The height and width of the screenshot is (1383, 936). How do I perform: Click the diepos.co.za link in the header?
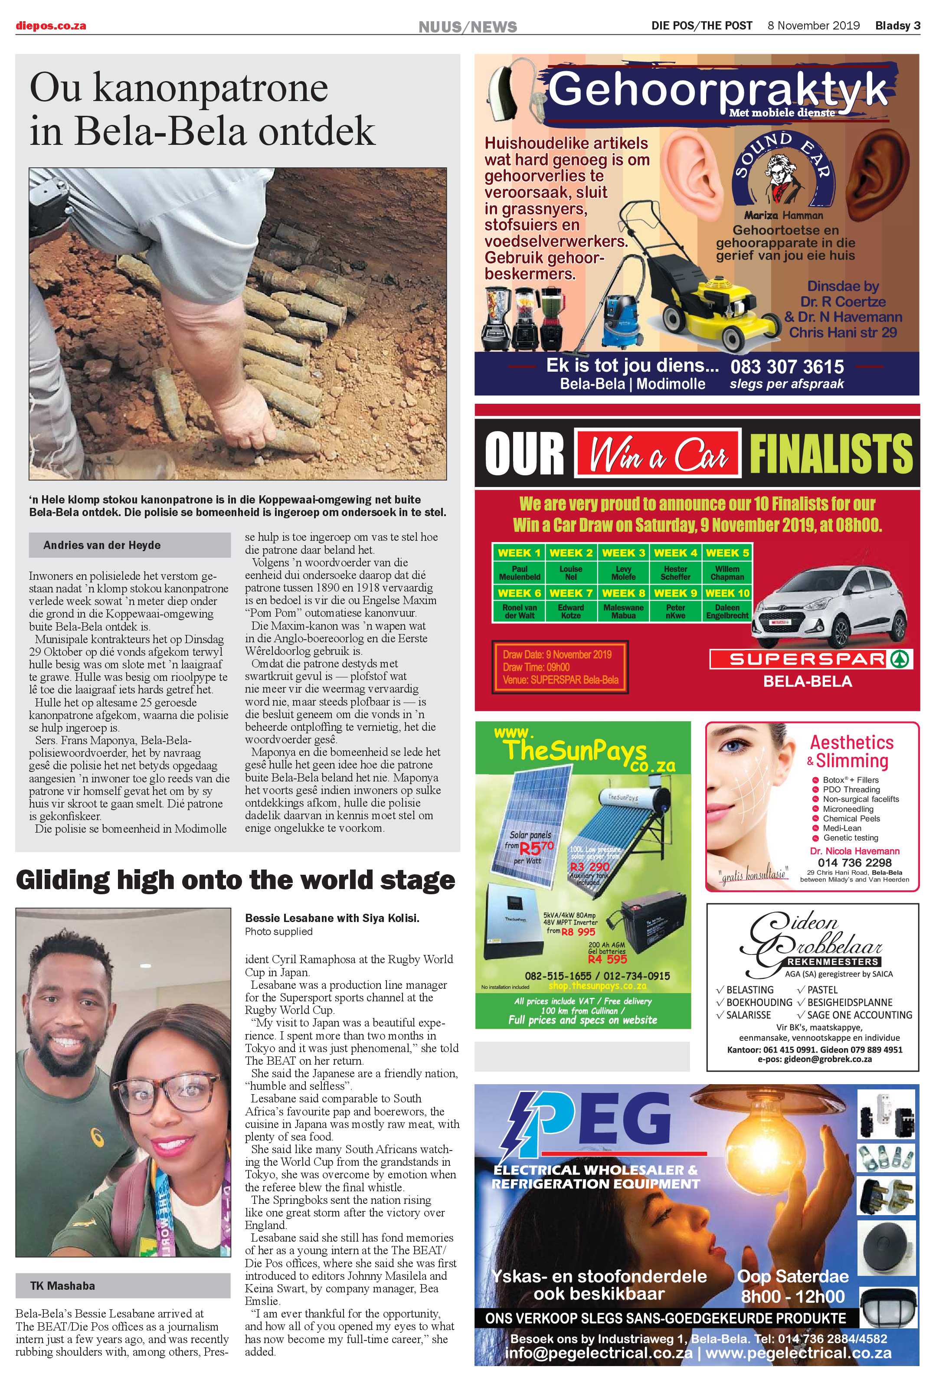coord(51,26)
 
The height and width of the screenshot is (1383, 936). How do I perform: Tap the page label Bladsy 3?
coord(897,26)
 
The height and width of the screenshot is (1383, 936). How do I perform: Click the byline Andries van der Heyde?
coord(102,545)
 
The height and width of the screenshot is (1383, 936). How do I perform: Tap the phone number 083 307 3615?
coord(787,366)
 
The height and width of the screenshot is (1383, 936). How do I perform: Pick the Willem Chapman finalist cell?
coord(727,572)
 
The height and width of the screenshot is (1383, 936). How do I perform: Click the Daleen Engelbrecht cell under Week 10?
coord(727,612)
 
